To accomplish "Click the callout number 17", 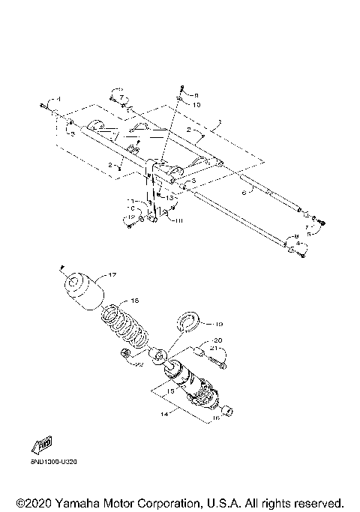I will click(x=114, y=275).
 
